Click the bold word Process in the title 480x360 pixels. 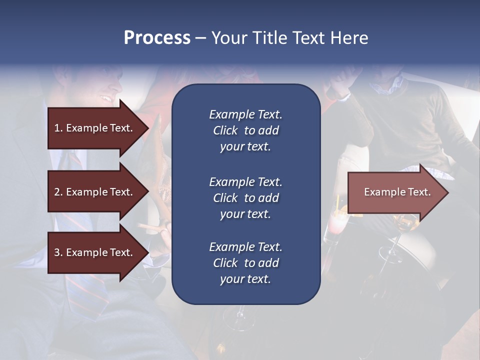(x=157, y=38)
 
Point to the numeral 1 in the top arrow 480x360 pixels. (x=57, y=128)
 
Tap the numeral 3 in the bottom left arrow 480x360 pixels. (x=57, y=252)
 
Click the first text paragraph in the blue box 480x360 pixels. (x=245, y=130)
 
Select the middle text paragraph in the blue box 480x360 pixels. (x=245, y=198)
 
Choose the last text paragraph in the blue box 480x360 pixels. (x=245, y=263)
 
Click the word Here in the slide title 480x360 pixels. (x=349, y=38)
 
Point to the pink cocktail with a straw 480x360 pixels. (x=333, y=225)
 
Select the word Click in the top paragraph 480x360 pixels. (x=225, y=130)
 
